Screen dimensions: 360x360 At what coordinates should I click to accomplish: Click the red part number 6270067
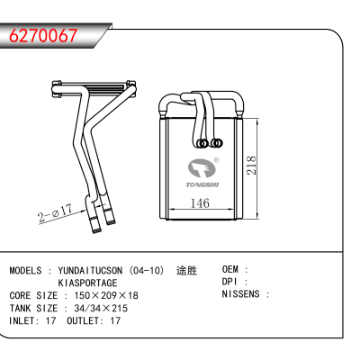43,35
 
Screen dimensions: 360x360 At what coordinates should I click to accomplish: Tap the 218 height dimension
251,166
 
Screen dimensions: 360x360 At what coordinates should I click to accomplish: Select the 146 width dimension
200,203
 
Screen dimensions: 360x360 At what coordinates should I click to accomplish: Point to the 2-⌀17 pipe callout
56,212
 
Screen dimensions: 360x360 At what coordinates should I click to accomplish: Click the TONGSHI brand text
202,184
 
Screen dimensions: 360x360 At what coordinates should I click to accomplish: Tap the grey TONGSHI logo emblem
202,169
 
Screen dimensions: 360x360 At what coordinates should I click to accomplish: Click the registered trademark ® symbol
216,160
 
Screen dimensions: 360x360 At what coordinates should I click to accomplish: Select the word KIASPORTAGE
87,283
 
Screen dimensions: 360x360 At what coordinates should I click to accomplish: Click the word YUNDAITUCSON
90,270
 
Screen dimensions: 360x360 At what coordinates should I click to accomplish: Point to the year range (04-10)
147,270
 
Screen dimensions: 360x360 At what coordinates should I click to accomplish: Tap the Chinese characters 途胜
186,270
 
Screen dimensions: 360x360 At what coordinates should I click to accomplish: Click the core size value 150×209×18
106,295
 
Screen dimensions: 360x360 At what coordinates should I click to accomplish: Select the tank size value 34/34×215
101,308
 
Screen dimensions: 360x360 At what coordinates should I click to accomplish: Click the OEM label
230,269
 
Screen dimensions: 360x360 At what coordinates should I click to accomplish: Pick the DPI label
229,282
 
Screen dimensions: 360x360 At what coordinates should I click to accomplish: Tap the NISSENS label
240,293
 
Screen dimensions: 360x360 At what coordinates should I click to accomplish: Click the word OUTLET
83,320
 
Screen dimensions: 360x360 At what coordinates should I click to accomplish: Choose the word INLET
22,320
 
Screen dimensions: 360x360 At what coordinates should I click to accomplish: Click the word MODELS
25,270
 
